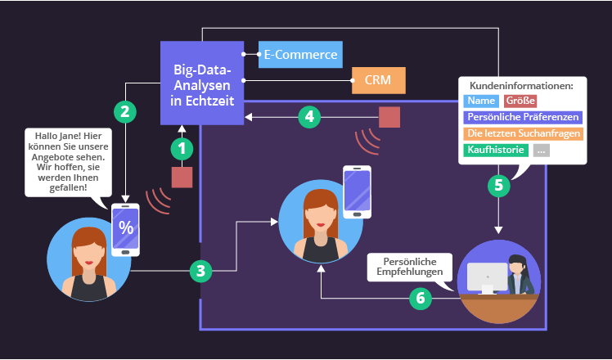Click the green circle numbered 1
(x=182, y=148)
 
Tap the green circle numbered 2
(x=124, y=111)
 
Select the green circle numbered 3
(x=202, y=271)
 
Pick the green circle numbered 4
(x=308, y=117)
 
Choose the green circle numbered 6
(x=421, y=298)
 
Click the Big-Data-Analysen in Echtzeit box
(x=202, y=83)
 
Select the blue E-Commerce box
(x=300, y=55)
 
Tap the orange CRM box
(x=378, y=81)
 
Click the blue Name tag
(x=482, y=101)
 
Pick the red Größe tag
(x=520, y=101)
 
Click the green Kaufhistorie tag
(x=496, y=151)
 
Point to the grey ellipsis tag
(x=542, y=151)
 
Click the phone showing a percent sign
(x=126, y=228)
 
